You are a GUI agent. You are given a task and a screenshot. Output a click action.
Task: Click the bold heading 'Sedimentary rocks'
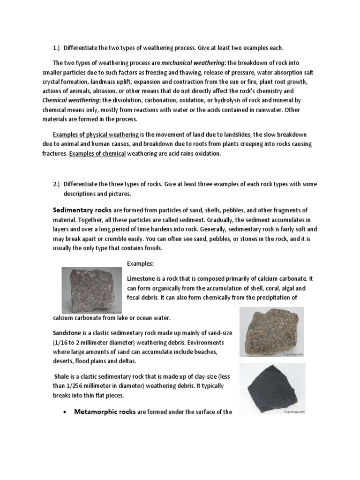tap(82, 210)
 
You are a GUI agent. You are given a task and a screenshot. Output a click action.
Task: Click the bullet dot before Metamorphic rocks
tap(64, 412)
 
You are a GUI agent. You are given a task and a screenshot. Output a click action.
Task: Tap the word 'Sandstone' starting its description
tap(67, 332)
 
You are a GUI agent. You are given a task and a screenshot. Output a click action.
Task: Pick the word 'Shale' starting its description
tap(62, 376)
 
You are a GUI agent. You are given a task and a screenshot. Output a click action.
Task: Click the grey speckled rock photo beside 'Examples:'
tap(92, 291)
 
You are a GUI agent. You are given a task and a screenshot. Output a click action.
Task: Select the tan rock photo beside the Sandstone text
tap(271, 332)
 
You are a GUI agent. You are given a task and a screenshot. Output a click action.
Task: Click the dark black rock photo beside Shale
tap(272, 388)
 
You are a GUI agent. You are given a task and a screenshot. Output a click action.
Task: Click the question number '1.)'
tap(56, 48)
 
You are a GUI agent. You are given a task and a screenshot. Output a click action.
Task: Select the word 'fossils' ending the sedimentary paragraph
tap(150, 248)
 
